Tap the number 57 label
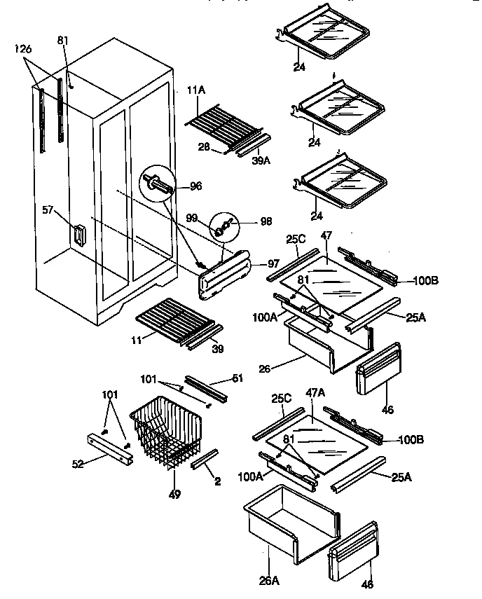tap(48, 209)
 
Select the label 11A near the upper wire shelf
tap(196, 90)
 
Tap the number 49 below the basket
tap(174, 494)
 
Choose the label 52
tap(78, 463)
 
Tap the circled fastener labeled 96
tap(160, 186)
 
